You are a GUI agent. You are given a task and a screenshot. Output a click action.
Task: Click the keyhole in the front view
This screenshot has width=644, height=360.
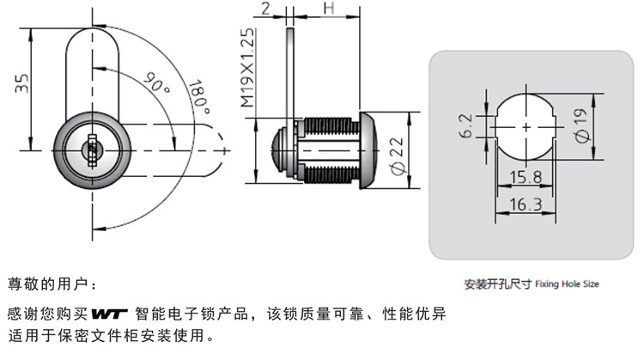coord(89,150)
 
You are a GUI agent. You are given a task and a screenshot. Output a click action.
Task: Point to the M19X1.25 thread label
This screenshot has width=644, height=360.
coord(247,67)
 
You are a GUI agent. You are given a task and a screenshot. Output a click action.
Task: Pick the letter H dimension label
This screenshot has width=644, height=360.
coord(328,9)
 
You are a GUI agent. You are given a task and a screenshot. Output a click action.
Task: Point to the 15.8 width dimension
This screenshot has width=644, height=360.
coord(523,178)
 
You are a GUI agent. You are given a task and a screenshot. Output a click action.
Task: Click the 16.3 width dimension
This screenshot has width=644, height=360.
coord(523,205)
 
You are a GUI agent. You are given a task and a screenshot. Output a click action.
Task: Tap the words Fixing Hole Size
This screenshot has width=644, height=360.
coord(567,283)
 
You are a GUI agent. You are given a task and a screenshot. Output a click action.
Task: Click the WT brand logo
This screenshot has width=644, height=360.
coord(109,313)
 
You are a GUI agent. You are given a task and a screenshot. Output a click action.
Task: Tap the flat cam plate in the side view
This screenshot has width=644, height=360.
coord(291,77)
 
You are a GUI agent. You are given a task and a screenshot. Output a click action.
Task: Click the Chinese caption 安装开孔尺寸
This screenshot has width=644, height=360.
coord(498,283)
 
